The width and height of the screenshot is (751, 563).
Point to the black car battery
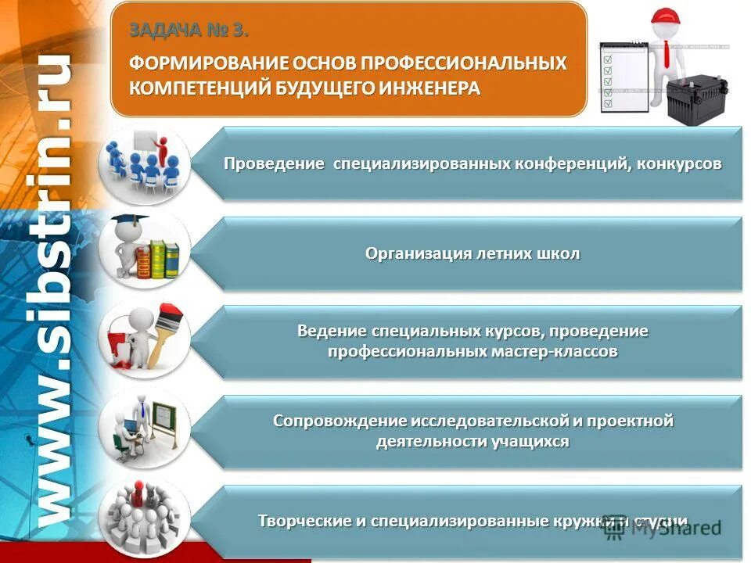(697, 102)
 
